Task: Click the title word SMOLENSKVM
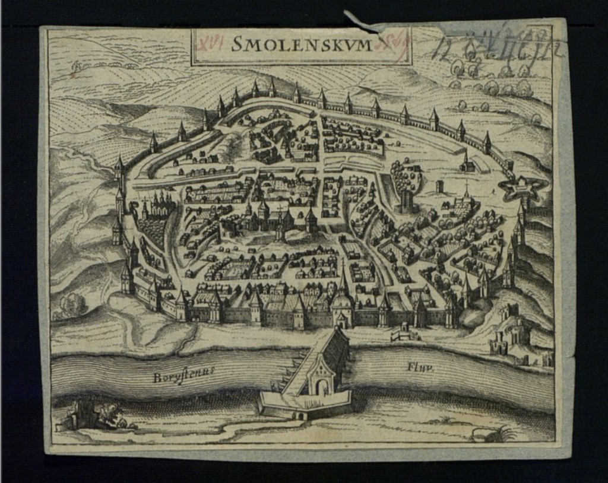point(301,44)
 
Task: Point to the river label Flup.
point(420,367)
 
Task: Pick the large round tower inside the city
point(406,201)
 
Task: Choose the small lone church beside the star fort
point(467,164)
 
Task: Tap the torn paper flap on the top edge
point(360,22)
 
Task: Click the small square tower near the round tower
point(440,186)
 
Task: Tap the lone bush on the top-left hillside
point(75,69)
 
